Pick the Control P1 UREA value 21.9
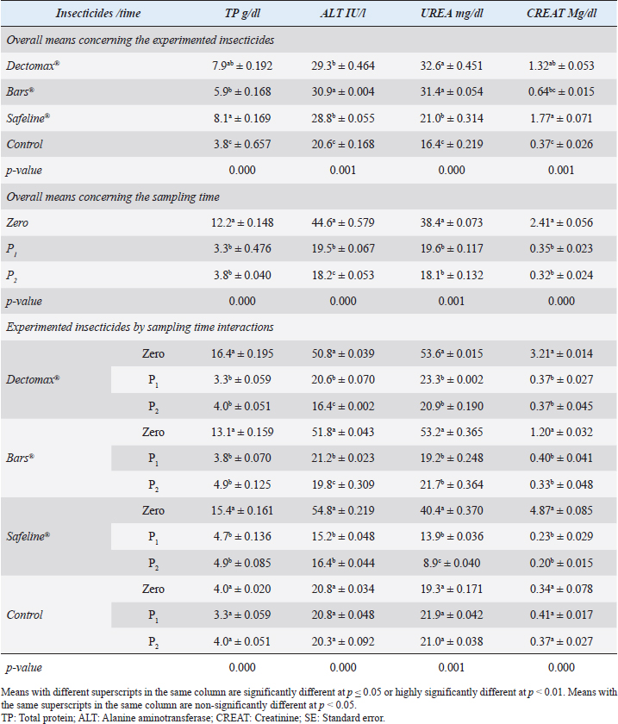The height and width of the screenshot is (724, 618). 452,615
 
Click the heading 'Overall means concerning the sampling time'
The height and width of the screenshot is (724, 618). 113,197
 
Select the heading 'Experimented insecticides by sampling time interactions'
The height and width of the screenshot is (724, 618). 140,328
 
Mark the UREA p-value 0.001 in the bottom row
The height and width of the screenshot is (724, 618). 452,667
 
